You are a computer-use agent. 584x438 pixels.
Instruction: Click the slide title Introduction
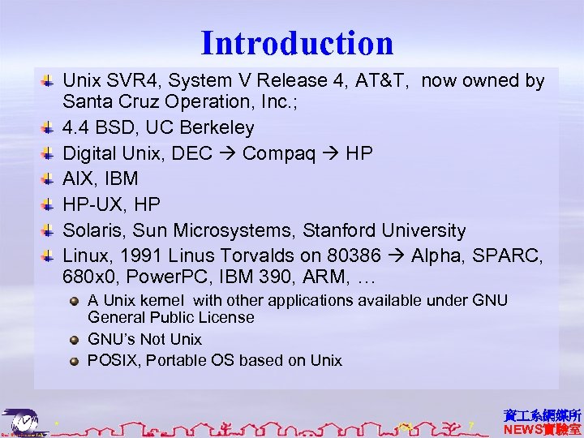297,43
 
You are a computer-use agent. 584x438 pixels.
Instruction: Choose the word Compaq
274,153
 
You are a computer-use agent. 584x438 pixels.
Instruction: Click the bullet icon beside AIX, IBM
48,178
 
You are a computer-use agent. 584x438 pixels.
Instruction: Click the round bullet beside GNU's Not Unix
74,339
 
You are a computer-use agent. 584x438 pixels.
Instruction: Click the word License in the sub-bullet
227,317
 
